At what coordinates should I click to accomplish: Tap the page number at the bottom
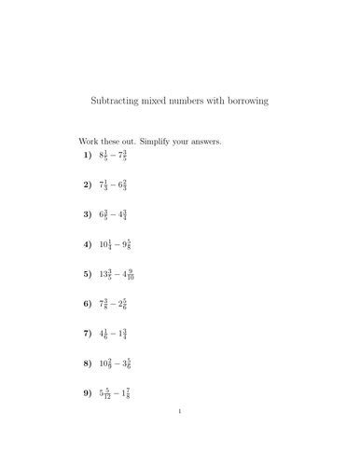pyautogui.click(x=180, y=436)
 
